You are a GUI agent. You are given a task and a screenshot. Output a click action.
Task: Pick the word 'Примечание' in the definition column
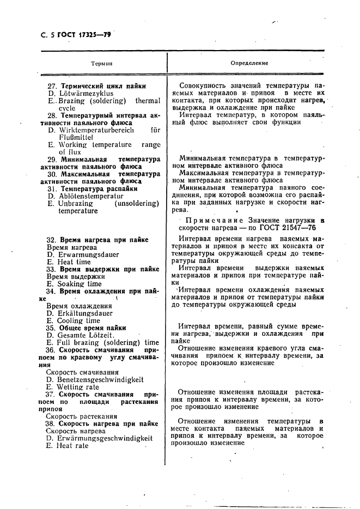click(x=209, y=220)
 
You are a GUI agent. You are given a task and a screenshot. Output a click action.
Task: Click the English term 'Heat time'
click(x=75, y=262)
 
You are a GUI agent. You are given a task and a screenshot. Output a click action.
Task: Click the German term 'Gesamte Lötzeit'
click(x=83, y=335)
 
